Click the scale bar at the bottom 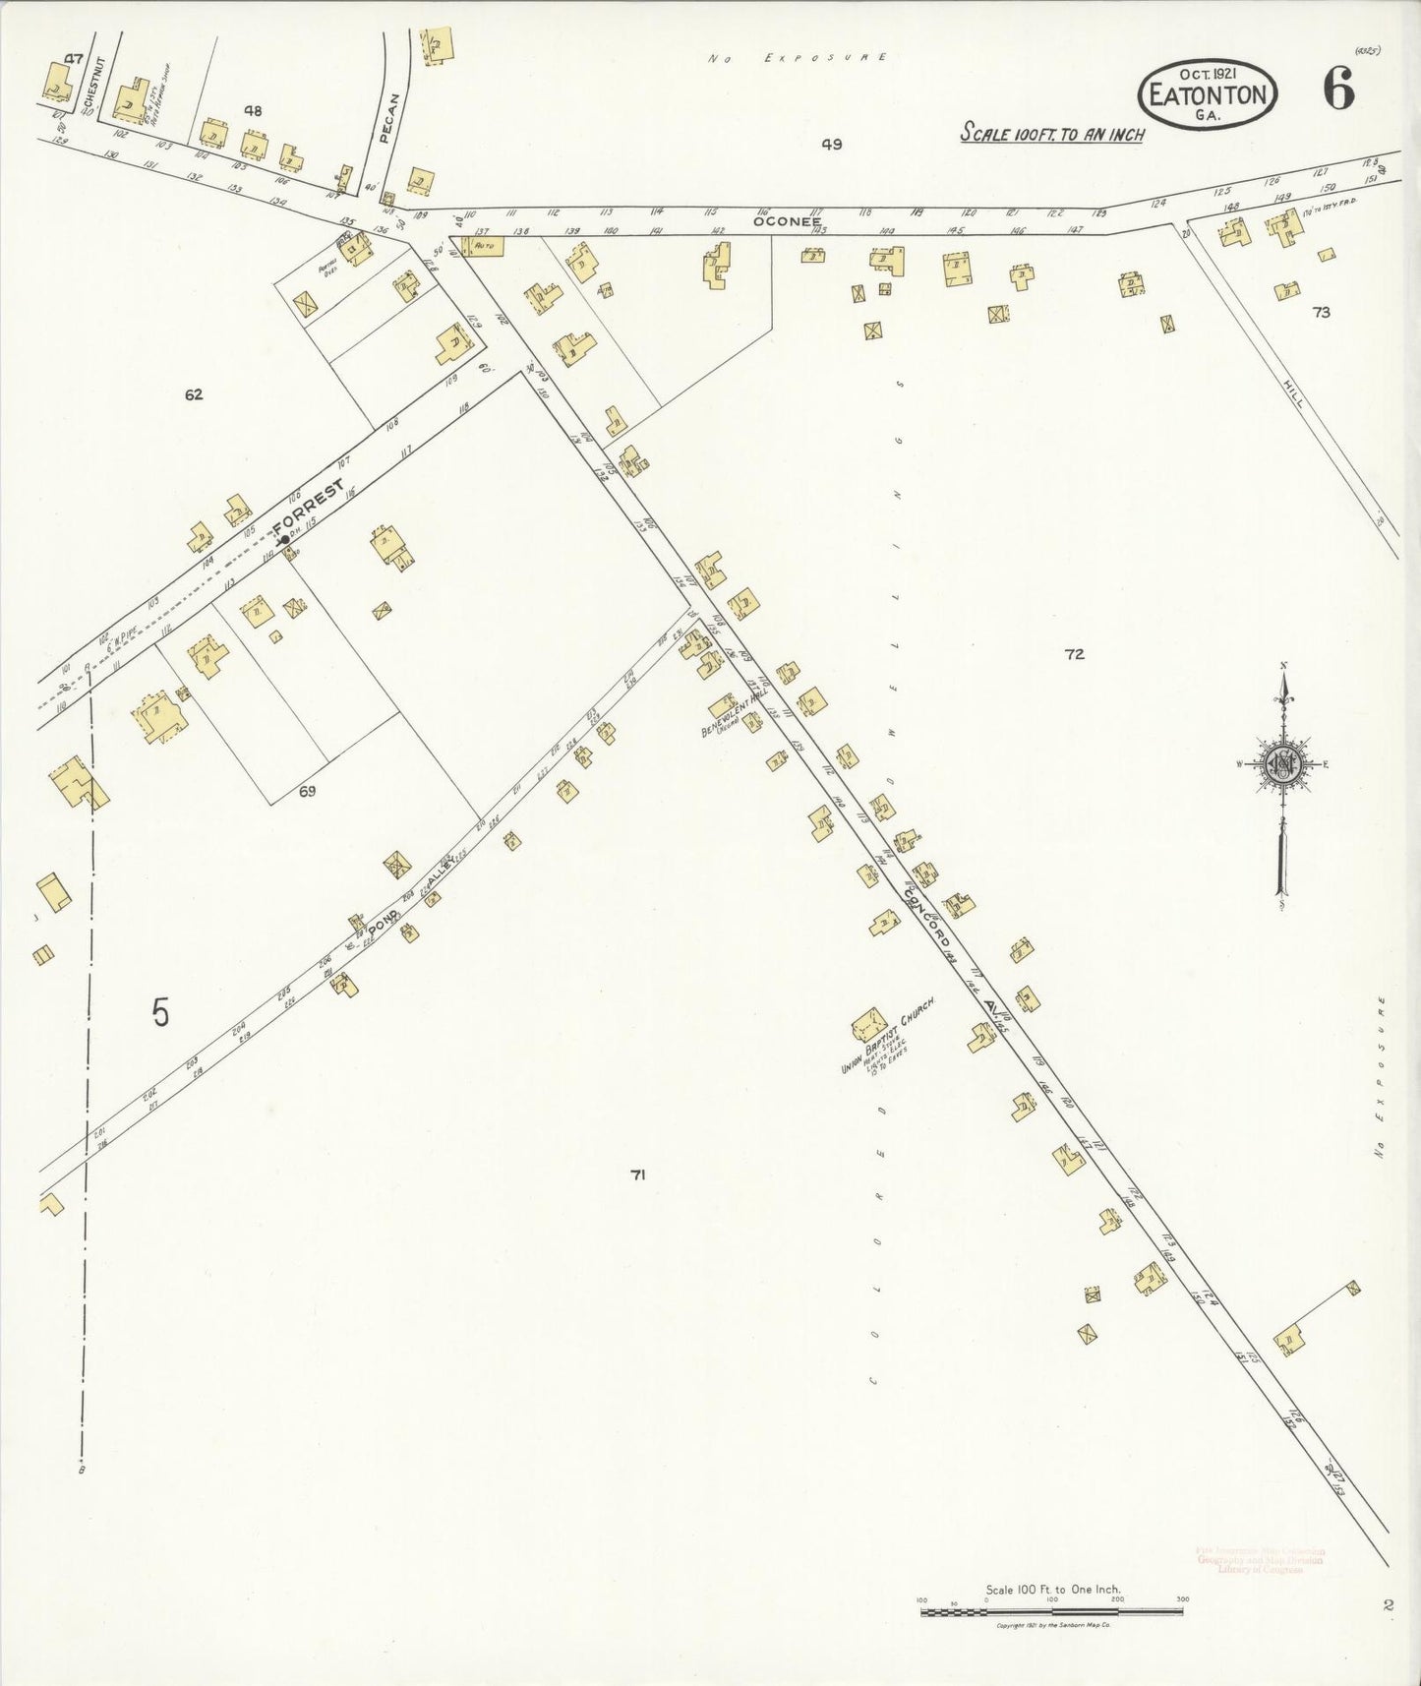(1052, 1611)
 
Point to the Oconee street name (786, 221)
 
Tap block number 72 (1074, 654)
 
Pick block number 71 (637, 1174)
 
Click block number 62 (193, 394)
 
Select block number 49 (832, 145)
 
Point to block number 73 (1320, 313)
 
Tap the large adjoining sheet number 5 (160, 1012)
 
